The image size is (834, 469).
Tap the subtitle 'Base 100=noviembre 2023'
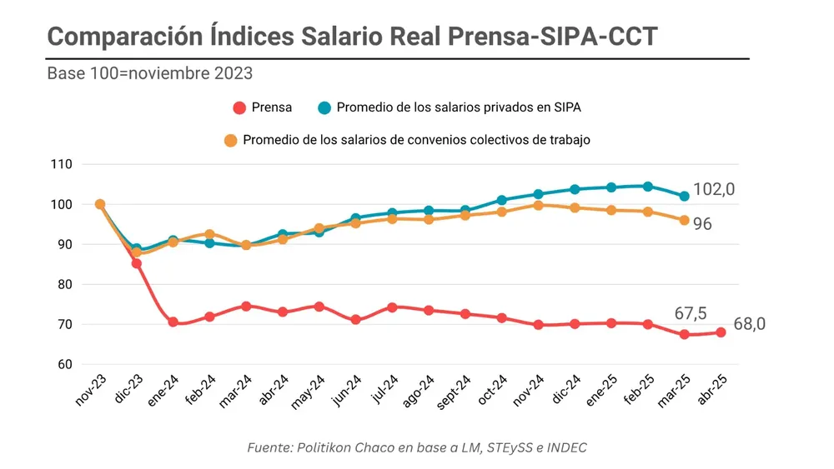(x=149, y=73)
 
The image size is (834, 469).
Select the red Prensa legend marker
(x=239, y=107)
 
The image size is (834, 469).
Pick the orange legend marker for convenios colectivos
(x=231, y=140)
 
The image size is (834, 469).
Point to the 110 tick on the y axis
(x=62, y=165)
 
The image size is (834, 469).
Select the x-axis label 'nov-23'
(x=92, y=389)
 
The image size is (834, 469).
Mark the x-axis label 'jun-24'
(x=347, y=389)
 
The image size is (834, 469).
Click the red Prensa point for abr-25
(x=721, y=332)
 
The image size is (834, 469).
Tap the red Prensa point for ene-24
(x=173, y=322)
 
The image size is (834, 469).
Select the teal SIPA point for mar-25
(x=684, y=196)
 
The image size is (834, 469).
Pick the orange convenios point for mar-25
(x=684, y=220)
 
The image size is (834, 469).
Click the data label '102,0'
(x=713, y=190)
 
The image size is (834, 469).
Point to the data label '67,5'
(x=690, y=313)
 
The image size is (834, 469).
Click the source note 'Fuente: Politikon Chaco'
(x=417, y=447)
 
